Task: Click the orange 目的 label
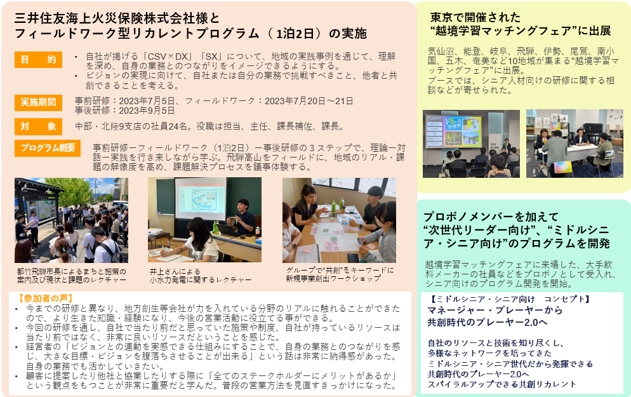pos(38,60)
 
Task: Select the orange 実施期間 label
pos(38,102)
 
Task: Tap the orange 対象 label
pos(38,126)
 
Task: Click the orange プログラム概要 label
pos(48,148)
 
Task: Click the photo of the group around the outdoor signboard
pos(71,220)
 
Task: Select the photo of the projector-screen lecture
pos(204,220)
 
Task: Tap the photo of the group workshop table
pos(339,220)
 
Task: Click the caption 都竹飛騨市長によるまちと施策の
pos(72,271)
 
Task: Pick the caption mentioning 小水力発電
pos(201,279)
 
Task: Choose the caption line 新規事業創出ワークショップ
pos(333,278)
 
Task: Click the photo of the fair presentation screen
pos(471,144)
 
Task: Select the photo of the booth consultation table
pos(575,144)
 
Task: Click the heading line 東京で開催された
pos(475,17)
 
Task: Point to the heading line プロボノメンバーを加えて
pos(491,217)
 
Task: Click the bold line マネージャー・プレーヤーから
pos(495,310)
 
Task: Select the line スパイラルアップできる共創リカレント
pos(501,384)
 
